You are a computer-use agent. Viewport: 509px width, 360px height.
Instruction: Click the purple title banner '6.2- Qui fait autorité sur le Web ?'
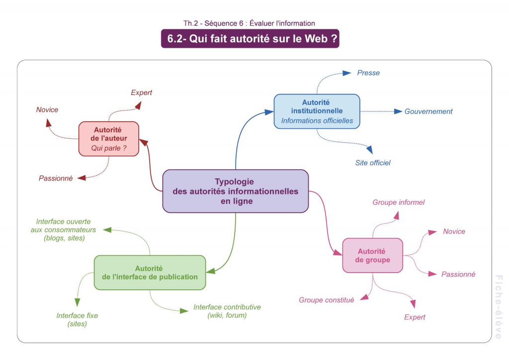click(x=250, y=39)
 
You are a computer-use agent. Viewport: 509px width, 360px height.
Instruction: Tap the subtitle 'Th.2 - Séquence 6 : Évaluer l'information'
click(x=249, y=23)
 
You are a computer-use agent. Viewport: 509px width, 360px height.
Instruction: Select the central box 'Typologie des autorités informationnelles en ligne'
click(x=236, y=191)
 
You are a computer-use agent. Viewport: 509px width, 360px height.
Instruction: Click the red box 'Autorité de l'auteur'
click(x=108, y=139)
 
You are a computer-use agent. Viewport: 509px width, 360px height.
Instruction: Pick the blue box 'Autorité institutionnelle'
click(x=317, y=111)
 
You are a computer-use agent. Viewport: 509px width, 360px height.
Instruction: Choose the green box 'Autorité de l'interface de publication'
click(x=150, y=272)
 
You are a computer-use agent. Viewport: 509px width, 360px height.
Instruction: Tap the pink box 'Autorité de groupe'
click(x=372, y=256)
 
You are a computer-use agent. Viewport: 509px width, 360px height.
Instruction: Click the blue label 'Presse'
click(x=368, y=73)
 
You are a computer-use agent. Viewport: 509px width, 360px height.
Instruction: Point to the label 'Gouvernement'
click(x=428, y=111)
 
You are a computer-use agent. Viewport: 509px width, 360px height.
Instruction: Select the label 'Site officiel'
click(x=373, y=163)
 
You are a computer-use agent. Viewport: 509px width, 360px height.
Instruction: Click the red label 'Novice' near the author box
click(x=47, y=110)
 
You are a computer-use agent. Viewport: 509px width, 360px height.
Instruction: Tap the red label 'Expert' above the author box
click(x=141, y=92)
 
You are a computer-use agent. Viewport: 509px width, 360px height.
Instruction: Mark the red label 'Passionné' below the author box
click(x=56, y=178)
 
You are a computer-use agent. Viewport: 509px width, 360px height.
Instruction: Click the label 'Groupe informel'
click(x=398, y=202)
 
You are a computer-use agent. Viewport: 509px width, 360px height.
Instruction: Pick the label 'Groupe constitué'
click(x=326, y=300)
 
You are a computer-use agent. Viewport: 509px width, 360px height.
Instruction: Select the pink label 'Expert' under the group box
click(x=415, y=317)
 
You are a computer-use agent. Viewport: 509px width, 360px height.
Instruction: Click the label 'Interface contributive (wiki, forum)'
click(x=227, y=311)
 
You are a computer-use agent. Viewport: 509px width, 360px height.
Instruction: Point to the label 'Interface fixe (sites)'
click(x=77, y=320)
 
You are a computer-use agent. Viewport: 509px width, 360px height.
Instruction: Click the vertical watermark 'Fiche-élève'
click(x=499, y=307)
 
